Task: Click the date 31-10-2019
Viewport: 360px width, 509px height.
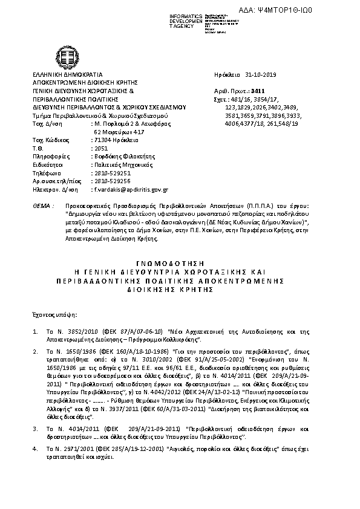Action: pyautogui.click(x=261, y=74)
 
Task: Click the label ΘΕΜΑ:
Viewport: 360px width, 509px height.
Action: pyautogui.click(x=40, y=207)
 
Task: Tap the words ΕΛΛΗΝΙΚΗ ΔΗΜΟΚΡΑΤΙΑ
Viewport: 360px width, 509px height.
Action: pyautogui.click(x=61, y=74)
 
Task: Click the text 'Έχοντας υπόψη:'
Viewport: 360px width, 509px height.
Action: pyautogui.click(x=50, y=314)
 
